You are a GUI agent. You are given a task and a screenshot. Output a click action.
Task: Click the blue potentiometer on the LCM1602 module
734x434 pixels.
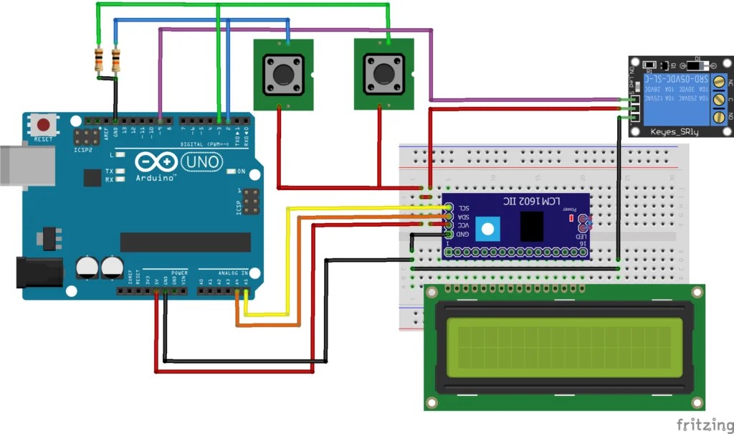coord(488,229)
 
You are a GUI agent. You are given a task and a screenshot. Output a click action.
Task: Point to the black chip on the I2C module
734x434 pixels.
coord(531,226)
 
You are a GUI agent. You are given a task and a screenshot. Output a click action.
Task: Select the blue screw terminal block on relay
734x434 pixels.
coord(718,98)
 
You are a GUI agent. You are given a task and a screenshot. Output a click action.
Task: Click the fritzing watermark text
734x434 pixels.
coord(702,422)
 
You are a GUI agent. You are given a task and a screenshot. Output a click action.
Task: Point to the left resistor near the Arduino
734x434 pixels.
coord(98,60)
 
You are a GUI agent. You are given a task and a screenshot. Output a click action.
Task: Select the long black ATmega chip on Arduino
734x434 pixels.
coord(185,242)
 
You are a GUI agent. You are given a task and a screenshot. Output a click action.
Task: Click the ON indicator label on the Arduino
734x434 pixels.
coord(242,171)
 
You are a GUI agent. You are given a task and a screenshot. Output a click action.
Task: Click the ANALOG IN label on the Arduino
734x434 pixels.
coord(233,273)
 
